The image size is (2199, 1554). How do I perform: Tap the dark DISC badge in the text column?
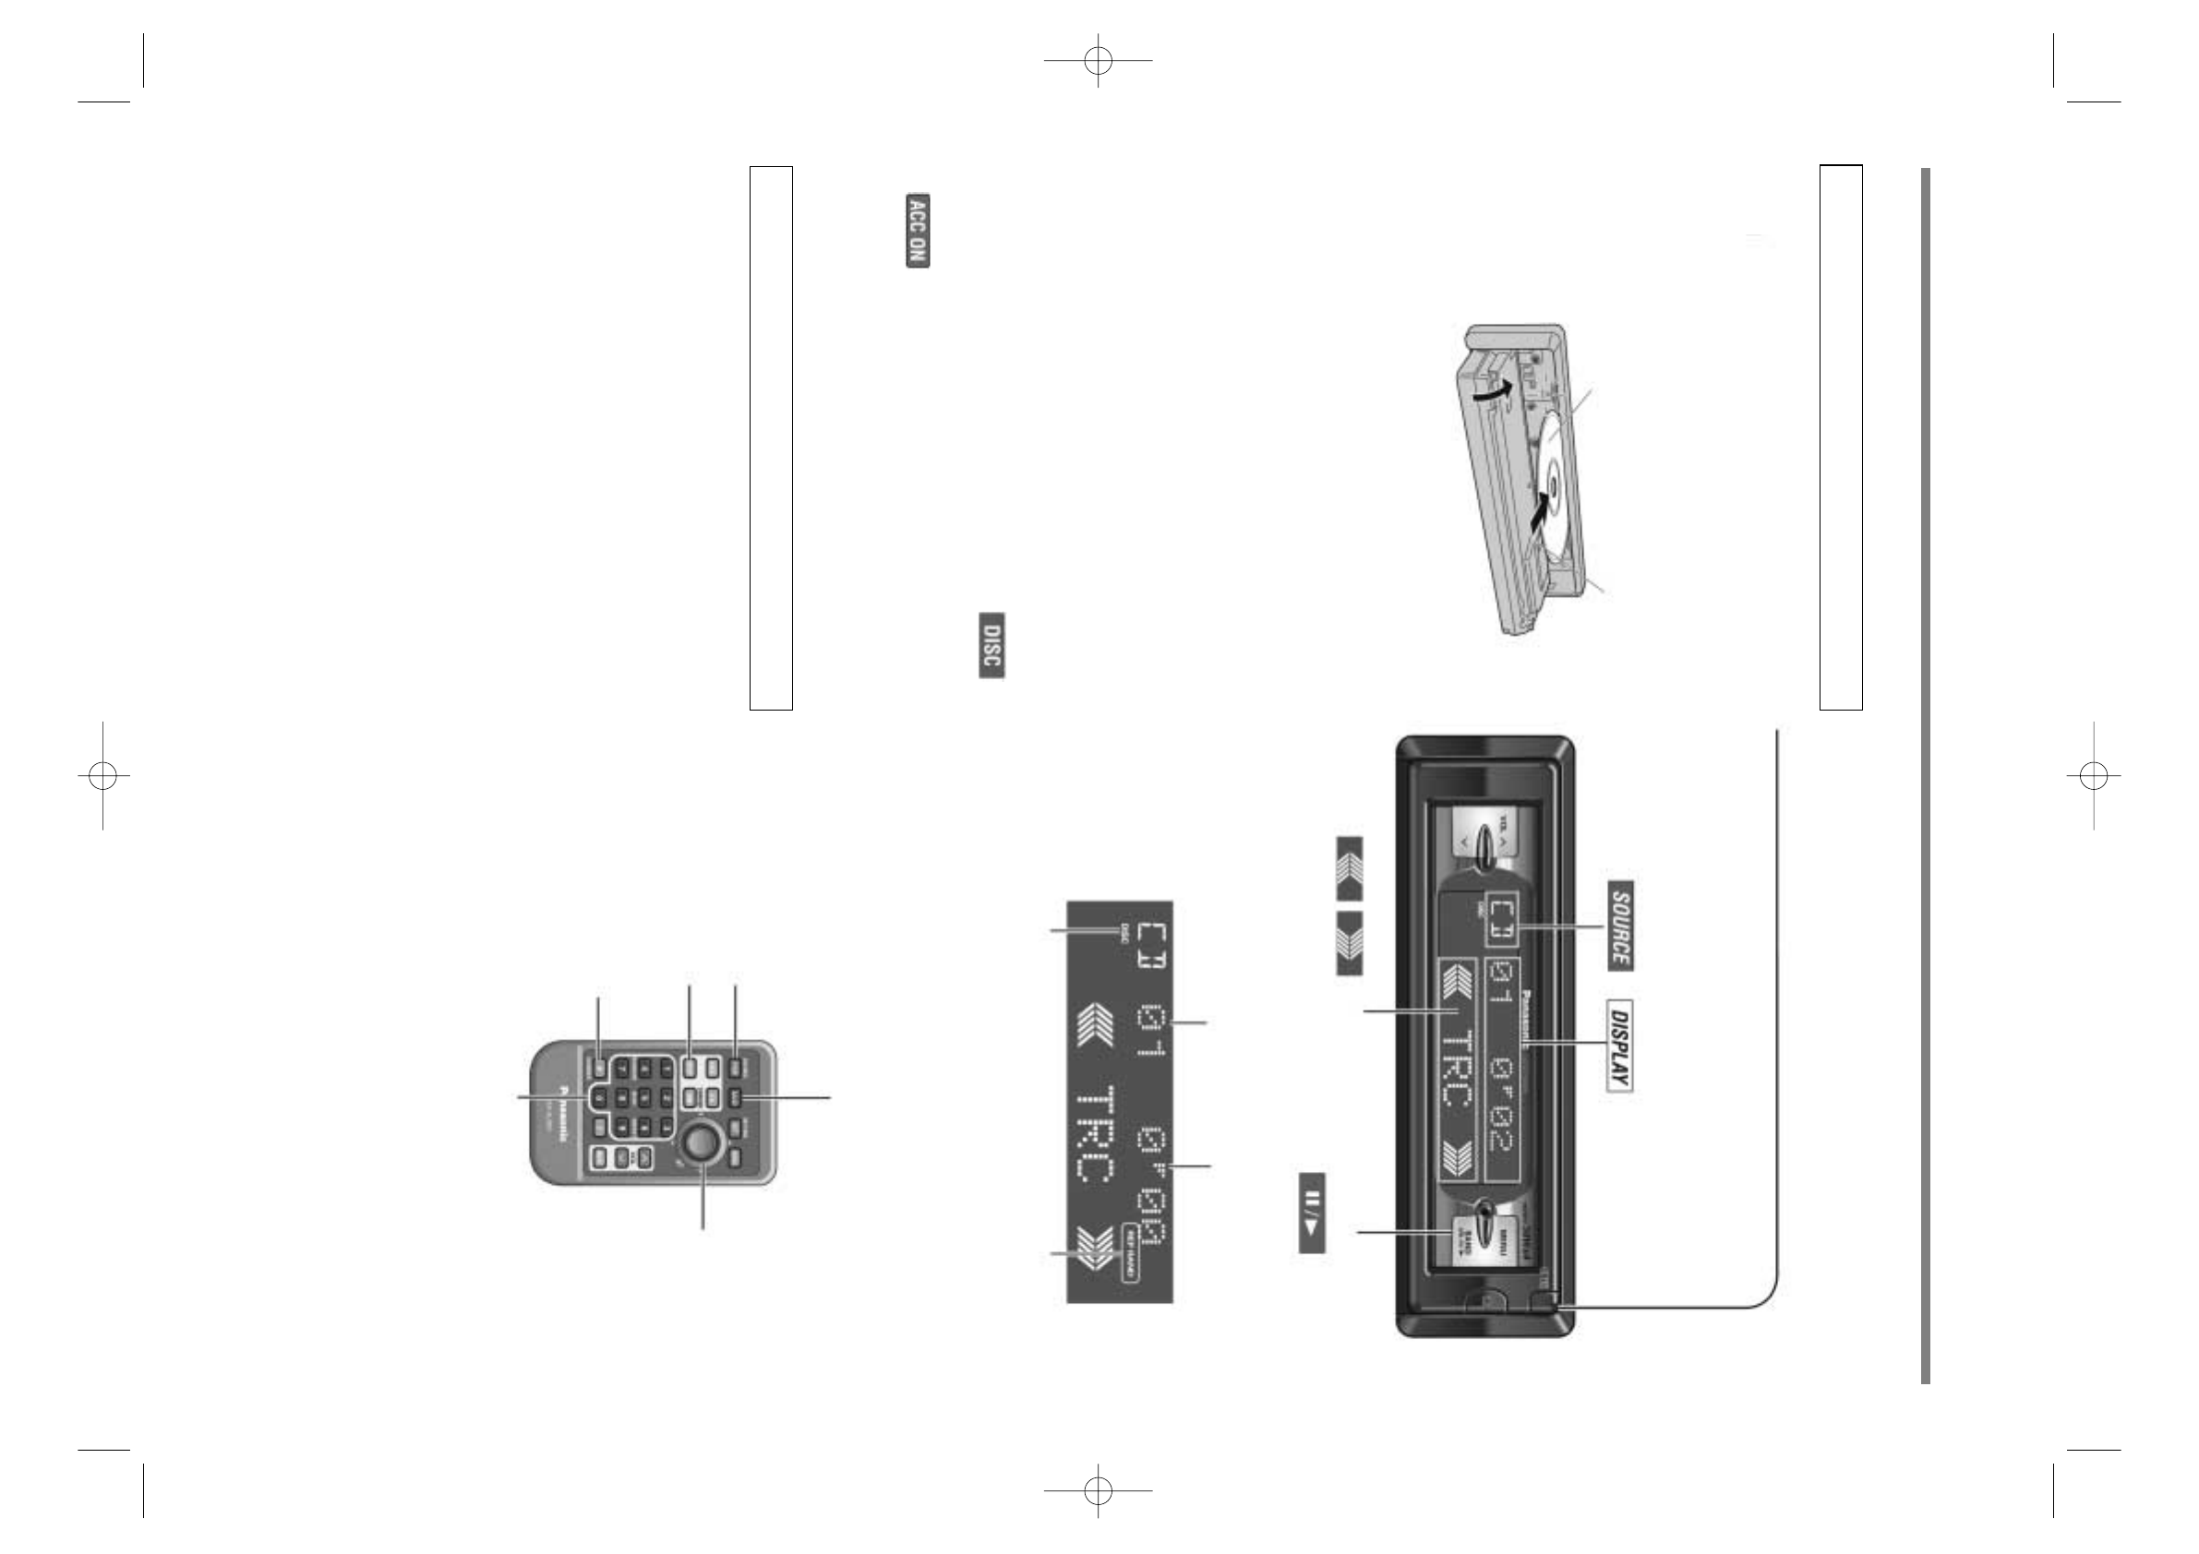coord(991,644)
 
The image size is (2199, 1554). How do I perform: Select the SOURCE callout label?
coord(1619,925)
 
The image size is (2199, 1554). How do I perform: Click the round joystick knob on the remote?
coord(700,1142)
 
